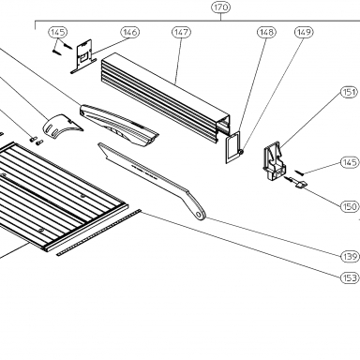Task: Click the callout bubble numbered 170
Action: pyautogui.click(x=221, y=7)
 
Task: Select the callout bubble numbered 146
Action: pyautogui.click(x=130, y=32)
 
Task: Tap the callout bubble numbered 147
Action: pyautogui.click(x=181, y=32)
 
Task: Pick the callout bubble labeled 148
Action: pyautogui.click(x=266, y=32)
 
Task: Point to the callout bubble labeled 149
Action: pyautogui.click(x=304, y=32)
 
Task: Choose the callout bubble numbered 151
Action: pyautogui.click(x=349, y=92)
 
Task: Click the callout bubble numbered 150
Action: pyautogui.click(x=349, y=206)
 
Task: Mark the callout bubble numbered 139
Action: pyautogui.click(x=349, y=257)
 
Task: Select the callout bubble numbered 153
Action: pyautogui.click(x=349, y=277)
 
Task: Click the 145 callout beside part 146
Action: pyautogui.click(x=58, y=32)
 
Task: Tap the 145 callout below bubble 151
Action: pyautogui.click(x=349, y=162)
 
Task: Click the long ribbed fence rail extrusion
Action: pyautogui.click(x=166, y=97)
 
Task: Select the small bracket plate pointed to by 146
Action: pyautogui.click(x=82, y=56)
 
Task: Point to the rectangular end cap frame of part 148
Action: pyautogui.click(x=233, y=147)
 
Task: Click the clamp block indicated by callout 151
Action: pyautogui.click(x=274, y=161)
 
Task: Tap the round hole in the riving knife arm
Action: pyautogui.click(x=199, y=215)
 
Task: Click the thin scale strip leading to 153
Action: pyautogui.click(x=98, y=232)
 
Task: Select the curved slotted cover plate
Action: pyautogui.click(x=62, y=126)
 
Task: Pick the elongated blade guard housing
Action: pyautogui.click(x=119, y=125)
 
